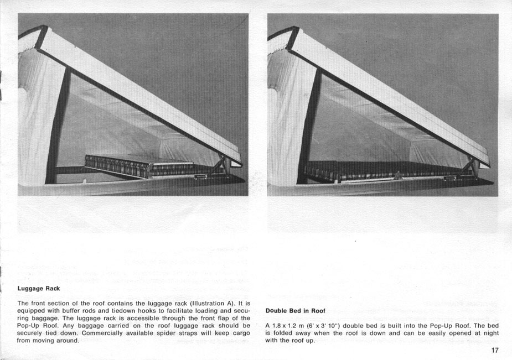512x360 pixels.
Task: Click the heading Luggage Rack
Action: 38,289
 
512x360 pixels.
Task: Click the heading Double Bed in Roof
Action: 295,311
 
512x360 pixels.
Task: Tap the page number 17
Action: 494,349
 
